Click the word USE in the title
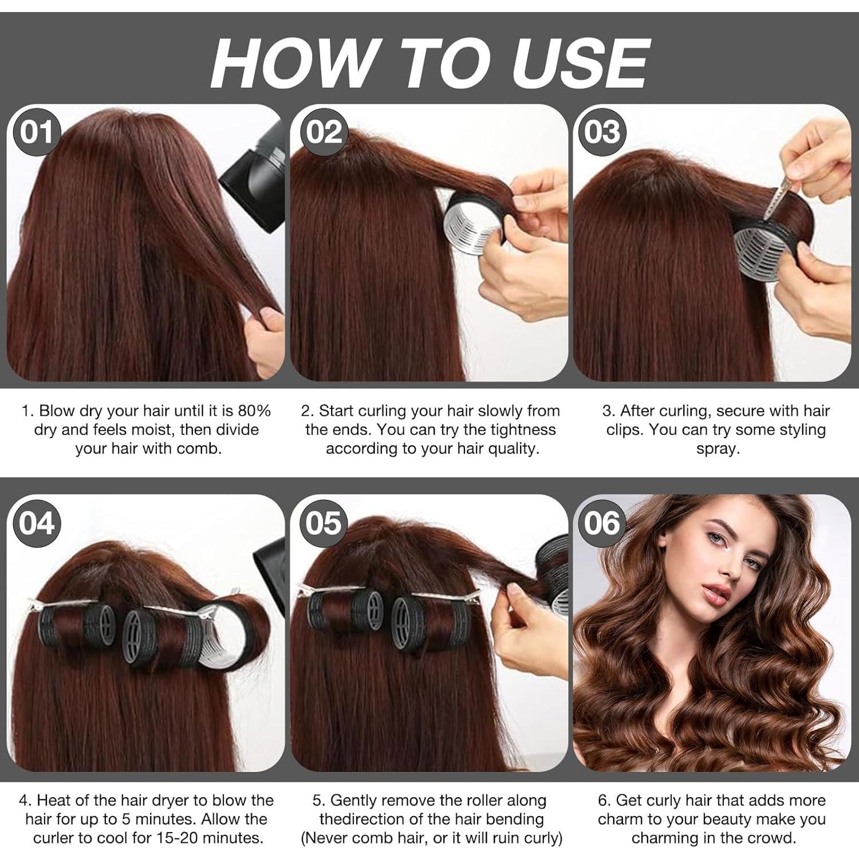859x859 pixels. [581, 62]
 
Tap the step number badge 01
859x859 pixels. [37, 132]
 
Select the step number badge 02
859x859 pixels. [324, 132]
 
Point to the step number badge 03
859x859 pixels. [602, 132]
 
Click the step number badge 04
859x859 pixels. [37, 523]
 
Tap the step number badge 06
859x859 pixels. [602, 523]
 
